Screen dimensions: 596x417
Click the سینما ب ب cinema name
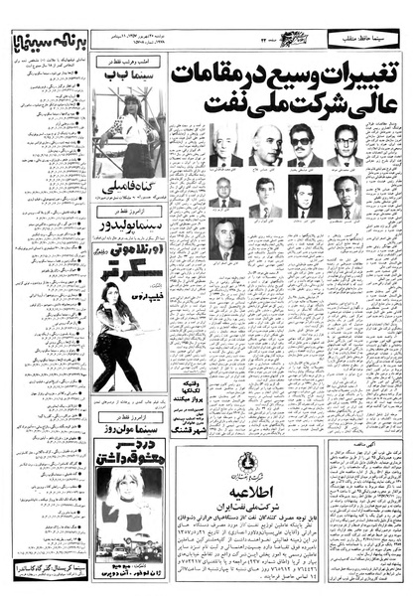[x=129, y=74]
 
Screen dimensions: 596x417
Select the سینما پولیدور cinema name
[x=129, y=225]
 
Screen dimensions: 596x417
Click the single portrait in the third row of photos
[x=227, y=237]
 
